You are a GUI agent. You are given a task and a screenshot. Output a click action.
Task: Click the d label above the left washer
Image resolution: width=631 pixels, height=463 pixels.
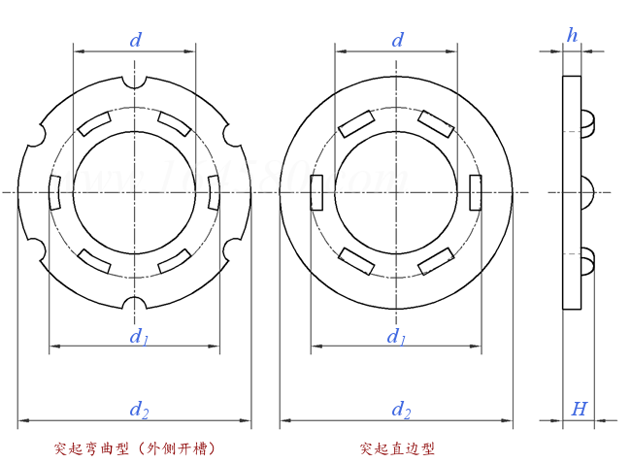coord(136,40)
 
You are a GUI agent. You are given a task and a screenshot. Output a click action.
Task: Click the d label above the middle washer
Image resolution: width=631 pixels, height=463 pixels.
coord(398,40)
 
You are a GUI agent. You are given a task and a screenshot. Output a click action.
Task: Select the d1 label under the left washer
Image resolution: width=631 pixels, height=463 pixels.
coord(139,336)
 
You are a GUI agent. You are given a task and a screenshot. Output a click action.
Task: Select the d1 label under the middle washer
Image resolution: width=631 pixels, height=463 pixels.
coord(396,336)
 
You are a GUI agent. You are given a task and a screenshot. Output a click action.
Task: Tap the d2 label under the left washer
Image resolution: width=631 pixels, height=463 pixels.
coord(140,411)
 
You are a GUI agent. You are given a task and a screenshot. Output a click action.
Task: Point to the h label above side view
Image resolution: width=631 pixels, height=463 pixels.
coord(572,36)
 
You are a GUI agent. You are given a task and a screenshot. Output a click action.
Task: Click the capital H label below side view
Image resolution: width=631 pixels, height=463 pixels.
coord(579,410)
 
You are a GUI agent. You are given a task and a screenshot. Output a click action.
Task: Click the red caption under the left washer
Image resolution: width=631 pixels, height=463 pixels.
coord(135,448)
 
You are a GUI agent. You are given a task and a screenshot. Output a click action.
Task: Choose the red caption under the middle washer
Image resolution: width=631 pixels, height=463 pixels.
coord(397,448)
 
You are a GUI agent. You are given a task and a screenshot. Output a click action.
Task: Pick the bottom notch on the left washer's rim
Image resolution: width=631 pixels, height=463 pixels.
coord(135,304)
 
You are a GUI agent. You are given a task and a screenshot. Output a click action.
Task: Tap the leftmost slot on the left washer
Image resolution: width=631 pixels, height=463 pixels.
coord(54,191)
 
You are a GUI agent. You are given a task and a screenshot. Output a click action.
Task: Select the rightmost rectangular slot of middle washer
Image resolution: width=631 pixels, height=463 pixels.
coord(475,191)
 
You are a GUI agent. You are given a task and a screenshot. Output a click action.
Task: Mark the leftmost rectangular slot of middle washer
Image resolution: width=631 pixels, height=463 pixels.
coord(316,192)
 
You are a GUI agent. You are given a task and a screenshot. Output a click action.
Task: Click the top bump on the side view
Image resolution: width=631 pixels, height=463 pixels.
coord(586,121)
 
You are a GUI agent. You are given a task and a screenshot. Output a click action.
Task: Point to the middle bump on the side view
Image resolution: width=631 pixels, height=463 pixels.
coord(586,192)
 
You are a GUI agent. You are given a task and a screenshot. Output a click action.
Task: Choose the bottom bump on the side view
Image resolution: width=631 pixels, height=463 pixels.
coord(586,261)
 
